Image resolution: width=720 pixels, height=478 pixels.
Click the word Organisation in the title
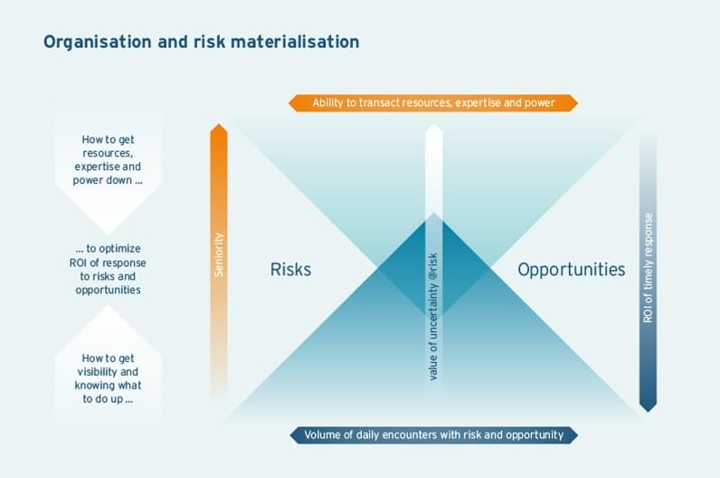click(98, 42)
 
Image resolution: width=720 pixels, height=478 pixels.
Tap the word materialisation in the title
click(295, 42)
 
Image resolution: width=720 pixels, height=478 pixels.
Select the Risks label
click(290, 270)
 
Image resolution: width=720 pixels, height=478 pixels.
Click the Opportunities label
click(572, 270)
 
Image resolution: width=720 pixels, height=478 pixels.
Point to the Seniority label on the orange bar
click(219, 254)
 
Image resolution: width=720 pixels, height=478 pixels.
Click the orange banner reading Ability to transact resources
click(433, 103)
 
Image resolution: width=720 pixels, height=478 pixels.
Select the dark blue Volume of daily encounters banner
click(433, 435)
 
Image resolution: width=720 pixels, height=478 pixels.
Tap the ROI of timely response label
click(648, 268)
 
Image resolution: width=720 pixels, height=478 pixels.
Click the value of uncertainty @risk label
click(433, 317)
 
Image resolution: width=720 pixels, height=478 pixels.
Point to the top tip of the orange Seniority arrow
click(219, 124)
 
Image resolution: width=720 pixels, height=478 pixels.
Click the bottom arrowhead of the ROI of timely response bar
click(648, 411)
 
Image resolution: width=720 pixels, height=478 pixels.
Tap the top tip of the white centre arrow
click(433, 124)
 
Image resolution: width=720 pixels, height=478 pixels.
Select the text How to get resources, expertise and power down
click(108, 159)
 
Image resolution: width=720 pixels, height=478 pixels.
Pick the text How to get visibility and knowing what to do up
click(108, 378)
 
